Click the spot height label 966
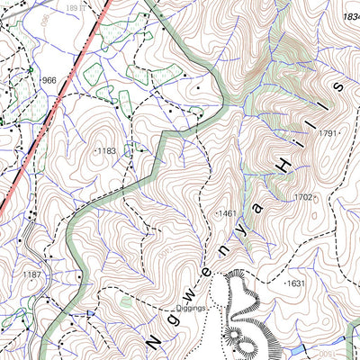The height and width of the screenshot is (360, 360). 49,80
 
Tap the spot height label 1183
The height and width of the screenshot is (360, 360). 107,151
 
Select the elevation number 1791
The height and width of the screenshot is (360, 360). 328,133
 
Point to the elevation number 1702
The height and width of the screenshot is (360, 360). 303,197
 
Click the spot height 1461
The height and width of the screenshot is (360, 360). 226,213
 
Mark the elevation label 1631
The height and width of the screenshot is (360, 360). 296,283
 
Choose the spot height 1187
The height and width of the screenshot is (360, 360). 32,274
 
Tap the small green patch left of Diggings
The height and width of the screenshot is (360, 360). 125,303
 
